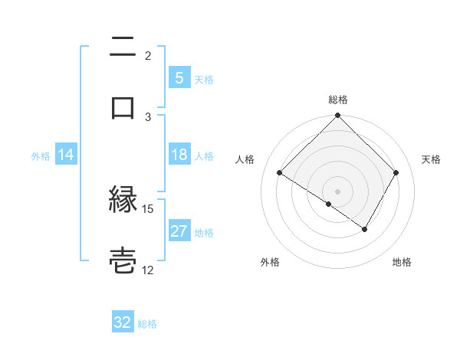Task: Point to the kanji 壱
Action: pyautogui.click(x=123, y=260)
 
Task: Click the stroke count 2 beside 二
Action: pyautogui.click(x=148, y=55)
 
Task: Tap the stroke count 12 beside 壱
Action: pyautogui.click(x=148, y=270)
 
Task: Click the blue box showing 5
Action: pyautogui.click(x=179, y=77)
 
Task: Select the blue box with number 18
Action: pyautogui.click(x=179, y=155)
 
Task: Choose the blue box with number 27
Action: pyautogui.click(x=179, y=231)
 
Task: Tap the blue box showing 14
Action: pyautogui.click(x=66, y=155)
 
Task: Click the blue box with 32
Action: pyautogui.click(x=123, y=322)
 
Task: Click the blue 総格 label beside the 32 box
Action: pyautogui.click(x=147, y=324)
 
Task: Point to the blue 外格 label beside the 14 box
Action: pyautogui.click(x=41, y=156)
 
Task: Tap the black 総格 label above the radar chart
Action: pyautogui.click(x=338, y=100)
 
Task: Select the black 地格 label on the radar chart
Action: pyautogui.click(x=402, y=262)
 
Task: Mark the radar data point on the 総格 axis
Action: pyautogui.click(x=337, y=116)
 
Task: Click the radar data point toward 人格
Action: pyautogui.click(x=280, y=173)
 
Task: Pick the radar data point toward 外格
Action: pyautogui.click(x=329, y=204)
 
